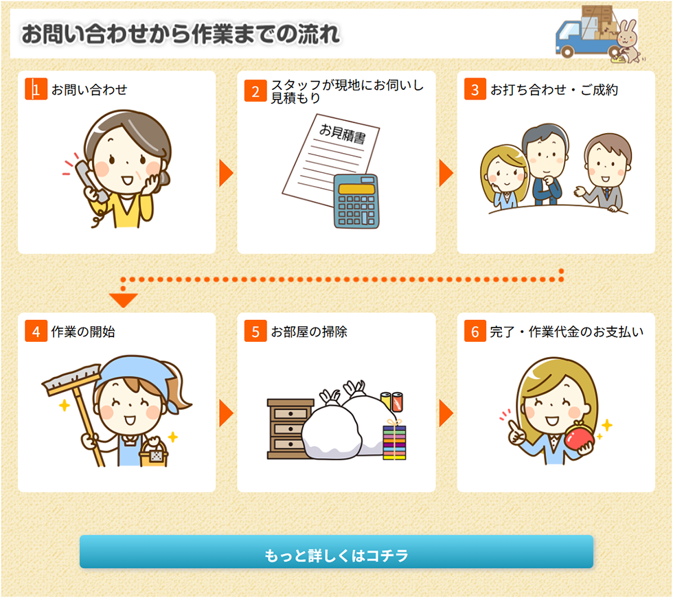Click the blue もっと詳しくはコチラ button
pyautogui.click(x=336, y=552)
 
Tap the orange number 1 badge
pyautogui.click(x=36, y=89)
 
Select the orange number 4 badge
pyautogui.click(x=36, y=331)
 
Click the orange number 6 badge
pyautogui.click(x=475, y=331)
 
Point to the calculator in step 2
pyautogui.click(x=356, y=201)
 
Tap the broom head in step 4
pyautogui.click(x=71, y=379)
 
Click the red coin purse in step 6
pyautogui.click(x=579, y=435)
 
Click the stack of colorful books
pyautogui.click(x=394, y=442)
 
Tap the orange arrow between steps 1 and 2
pyautogui.click(x=226, y=173)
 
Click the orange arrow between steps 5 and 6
pyautogui.click(x=446, y=413)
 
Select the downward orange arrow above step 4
pyautogui.click(x=123, y=300)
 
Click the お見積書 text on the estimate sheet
pyautogui.click(x=343, y=133)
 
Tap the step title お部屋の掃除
pyautogui.click(x=309, y=332)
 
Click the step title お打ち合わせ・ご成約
pyautogui.click(x=554, y=90)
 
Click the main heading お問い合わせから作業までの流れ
pyautogui.click(x=181, y=34)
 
